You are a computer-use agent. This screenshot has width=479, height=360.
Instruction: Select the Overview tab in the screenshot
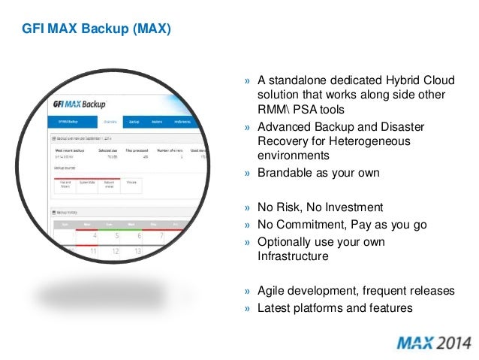point(110,121)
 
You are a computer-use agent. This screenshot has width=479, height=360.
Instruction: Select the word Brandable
point(284,172)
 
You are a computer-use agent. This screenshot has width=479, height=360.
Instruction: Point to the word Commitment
point(311,224)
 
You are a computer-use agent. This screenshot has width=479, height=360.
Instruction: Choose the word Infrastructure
point(294,256)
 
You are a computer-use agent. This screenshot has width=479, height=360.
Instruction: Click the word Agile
point(272,292)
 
